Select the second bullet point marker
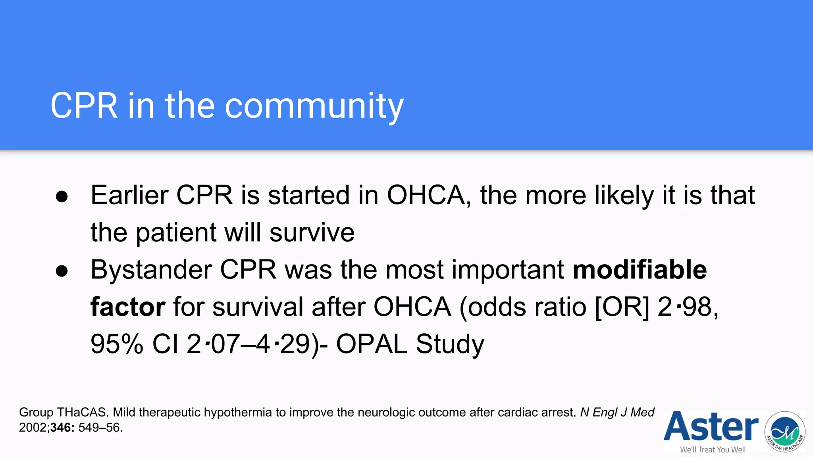(x=62, y=271)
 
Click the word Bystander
(x=151, y=270)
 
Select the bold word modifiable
(x=640, y=270)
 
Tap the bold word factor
(x=127, y=307)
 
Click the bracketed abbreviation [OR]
(x=622, y=307)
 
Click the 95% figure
(x=117, y=344)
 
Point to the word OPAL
(x=371, y=344)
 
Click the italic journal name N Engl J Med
(x=617, y=413)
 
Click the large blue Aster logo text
(x=711, y=427)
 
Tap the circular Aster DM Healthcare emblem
(x=785, y=432)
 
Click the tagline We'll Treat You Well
(x=713, y=449)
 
